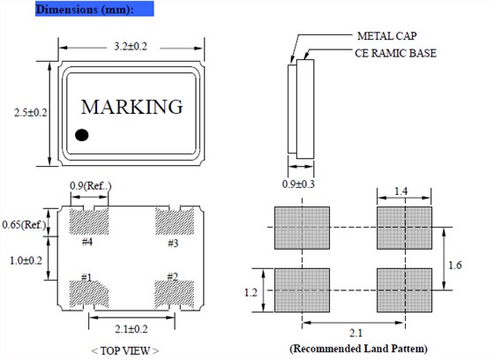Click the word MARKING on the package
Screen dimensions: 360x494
point(132,107)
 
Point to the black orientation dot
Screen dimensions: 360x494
point(82,135)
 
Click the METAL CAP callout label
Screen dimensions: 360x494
point(386,36)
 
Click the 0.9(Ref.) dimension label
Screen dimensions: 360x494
point(91,185)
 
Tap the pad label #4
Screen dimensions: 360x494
point(87,242)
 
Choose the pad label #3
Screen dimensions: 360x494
point(174,242)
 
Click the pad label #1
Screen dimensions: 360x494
point(86,277)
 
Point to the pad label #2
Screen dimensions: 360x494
point(172,277)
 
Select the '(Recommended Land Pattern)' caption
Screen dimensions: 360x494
point(353,348)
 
